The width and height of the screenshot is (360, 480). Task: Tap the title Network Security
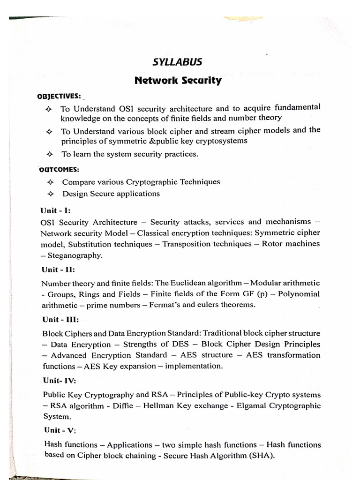[x=178, y=80]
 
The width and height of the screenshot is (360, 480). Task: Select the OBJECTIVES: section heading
[x=59, y=96]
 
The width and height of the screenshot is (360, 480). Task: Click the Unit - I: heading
[x=56, y=210]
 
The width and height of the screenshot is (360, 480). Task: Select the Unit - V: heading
[x=59, y=430]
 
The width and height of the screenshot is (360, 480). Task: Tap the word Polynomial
[x=298, y=294]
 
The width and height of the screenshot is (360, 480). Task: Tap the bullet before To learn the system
[x=48, y=154]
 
